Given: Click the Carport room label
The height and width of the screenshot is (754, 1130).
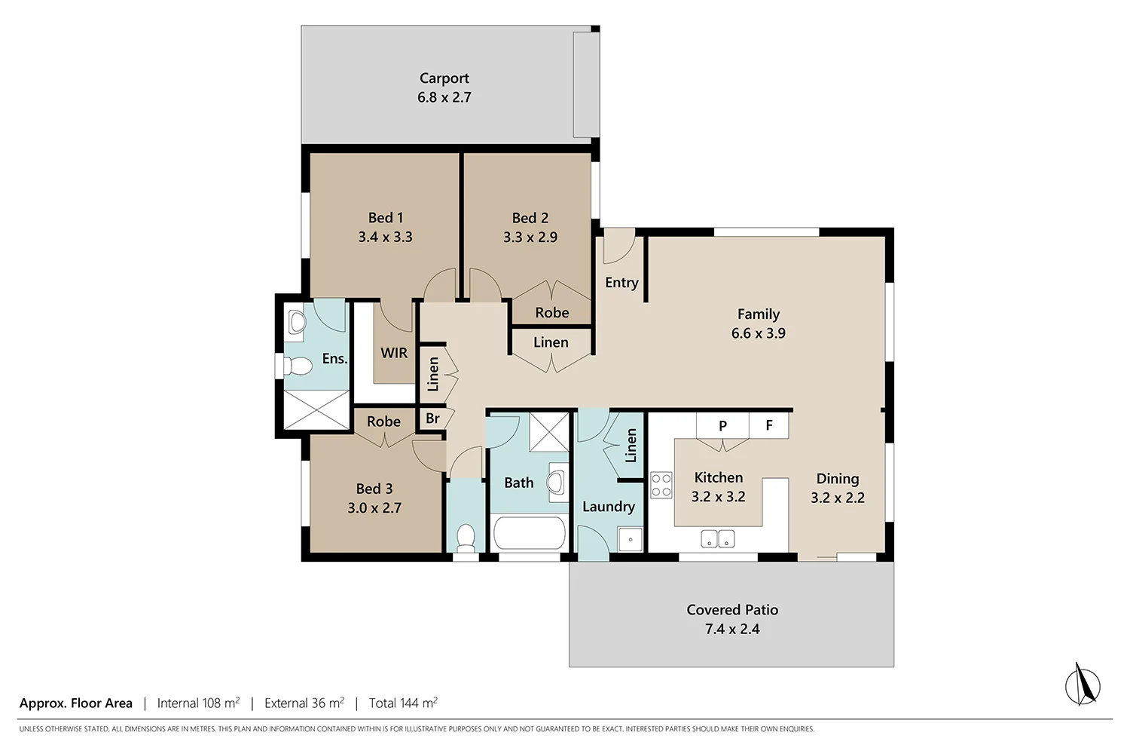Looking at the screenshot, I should tap(444, 78).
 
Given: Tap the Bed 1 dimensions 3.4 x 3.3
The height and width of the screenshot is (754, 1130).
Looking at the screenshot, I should tap(385, 237).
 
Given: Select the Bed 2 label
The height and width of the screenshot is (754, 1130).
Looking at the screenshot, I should tap(530, 218).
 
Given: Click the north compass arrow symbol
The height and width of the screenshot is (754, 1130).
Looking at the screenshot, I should tap(1083, 685).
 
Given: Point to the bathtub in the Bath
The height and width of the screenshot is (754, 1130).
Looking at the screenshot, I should tap(529, 533).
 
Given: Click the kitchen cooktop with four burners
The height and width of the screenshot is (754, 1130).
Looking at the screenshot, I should tap(661, 485).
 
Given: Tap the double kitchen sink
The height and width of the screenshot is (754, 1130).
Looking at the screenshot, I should tap(717, 538).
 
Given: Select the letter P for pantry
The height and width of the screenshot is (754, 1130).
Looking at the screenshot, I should tap(722, 426).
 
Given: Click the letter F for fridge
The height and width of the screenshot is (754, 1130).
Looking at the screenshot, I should tap(769, 425).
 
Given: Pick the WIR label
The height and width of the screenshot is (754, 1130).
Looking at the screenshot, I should tap(394, 353).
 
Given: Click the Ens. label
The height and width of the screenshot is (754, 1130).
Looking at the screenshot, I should tap(334, 359).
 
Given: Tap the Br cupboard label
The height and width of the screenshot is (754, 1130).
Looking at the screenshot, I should tap(432, 418).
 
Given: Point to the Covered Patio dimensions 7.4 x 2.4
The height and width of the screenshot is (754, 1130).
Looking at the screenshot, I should tap(731, 629).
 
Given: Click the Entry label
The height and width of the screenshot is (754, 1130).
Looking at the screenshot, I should tap(621, 283).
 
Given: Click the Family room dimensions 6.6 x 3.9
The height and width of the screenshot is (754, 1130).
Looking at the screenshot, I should tap(758, 333).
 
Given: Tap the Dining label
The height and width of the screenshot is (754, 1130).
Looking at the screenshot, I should tap(837, 479).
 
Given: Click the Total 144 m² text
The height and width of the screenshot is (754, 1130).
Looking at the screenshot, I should tap(403, 703).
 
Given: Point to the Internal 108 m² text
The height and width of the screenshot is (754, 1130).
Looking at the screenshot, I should tap(198, 703).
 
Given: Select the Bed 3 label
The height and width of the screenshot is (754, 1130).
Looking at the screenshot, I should tap(374, 489).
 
